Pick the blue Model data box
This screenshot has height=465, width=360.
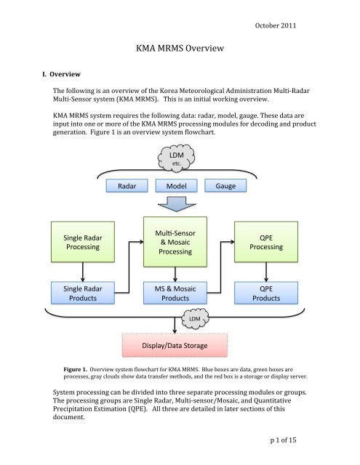[177, 186]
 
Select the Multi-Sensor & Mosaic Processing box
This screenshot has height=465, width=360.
[177, 240]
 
